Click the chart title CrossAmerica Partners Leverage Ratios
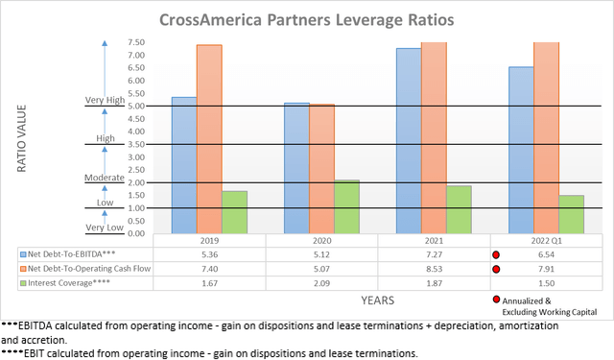click(x=306, y=18)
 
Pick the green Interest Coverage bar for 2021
click(x=459, y=209)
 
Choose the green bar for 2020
click(x=347, y=206)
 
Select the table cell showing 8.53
click(x=434, y=270)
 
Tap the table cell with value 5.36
click(x=209, y=255)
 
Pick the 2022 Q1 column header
click(x=546, y=241)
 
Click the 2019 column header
click(x=209, y=241)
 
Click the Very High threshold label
click(x=105, y=100)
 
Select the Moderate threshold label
click(x=105, y=178)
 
